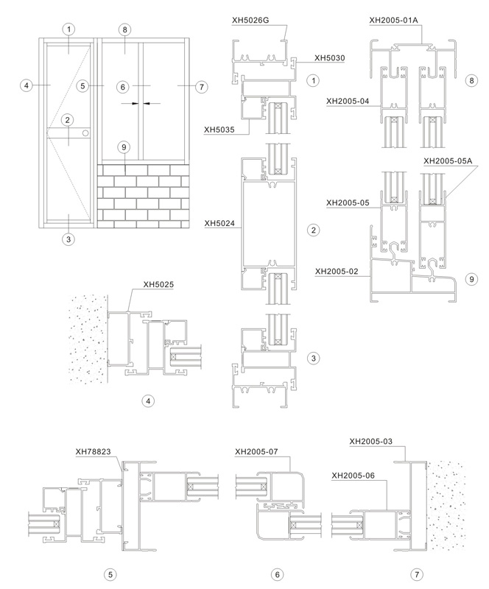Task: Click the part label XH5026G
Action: (x=250, y=21)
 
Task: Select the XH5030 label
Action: (x=330, y=58)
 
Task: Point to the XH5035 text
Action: (x=219, y=130)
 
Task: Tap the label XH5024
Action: (x=219, y=223)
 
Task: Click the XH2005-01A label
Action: (x=393, y=21)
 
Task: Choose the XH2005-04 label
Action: (x=348, y=101)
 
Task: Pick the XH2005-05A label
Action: (x=448, y=161)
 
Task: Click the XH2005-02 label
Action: (x=337, y=271)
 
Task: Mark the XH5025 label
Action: (x=158, y=284)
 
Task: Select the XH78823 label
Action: (x=94, y=451)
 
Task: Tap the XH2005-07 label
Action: (x=256, y=451)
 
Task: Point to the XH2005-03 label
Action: (x=371, y=441)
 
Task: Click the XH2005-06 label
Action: (x=353, y=476)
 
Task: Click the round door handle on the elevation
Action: (x=85, y=133)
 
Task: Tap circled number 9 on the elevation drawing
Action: (x=124, y=147)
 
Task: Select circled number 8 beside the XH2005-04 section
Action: (x=472, y=80)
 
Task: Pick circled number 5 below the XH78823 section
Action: (x=110, y=574)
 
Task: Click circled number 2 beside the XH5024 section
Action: (x=314, y=230)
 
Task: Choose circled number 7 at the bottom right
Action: (x=416, y=574)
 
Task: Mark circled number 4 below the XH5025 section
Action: (x=148, y=401)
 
